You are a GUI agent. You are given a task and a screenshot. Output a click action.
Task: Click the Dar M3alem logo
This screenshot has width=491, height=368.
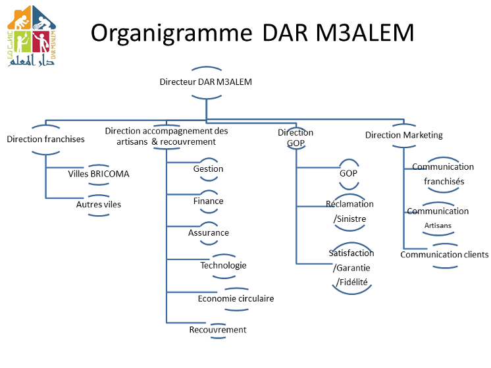tap(32, 36)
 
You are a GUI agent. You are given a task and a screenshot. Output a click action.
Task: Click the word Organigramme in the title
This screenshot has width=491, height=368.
tap(171, 34)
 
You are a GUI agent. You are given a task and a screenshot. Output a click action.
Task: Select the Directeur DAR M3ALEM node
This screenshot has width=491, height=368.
tap(206, 82)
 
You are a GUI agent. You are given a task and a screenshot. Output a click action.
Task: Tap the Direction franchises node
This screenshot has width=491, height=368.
tap(45, 139)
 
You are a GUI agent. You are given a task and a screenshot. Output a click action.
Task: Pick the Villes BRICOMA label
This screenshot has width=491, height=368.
tap(99, 174)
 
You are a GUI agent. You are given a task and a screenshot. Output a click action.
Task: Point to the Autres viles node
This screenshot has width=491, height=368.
tap(99, 205)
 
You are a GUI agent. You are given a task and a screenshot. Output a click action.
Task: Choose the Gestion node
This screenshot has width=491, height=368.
tap(208, 169)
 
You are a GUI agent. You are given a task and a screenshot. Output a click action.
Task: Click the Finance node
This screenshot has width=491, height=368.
tap(208, 201)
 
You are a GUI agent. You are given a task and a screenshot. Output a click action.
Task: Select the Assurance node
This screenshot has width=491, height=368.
tap(209, 233)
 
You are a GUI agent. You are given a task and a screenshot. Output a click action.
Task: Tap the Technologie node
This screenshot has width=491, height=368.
tap(224, 265)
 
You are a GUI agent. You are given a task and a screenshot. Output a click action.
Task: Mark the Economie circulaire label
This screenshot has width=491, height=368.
tap(236, 299)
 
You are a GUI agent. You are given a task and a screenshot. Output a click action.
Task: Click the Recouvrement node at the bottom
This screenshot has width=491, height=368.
tap(218, 330)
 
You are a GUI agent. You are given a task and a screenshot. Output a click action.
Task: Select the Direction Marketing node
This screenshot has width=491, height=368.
tap(404, 136)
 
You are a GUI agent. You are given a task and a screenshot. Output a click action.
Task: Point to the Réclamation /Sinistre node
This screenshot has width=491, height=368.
tap(349, 211)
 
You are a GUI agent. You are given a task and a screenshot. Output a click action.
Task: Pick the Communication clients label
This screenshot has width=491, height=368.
tap(444, 255)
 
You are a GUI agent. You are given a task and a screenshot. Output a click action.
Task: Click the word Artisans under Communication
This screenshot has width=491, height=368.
tap(438, 226)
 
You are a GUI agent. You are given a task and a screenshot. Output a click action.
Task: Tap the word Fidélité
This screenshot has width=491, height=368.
tap(351, 282)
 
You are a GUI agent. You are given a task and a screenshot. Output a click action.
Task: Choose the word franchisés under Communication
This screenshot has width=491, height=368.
tap(444, 181)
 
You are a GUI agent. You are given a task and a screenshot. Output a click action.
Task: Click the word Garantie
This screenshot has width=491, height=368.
tap(351, 268)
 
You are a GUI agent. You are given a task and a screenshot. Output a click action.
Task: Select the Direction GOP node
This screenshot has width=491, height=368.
tap(296, 138)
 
